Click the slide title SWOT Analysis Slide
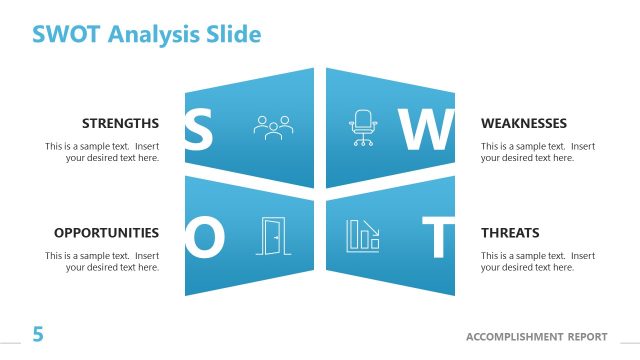click(x=146, y=34)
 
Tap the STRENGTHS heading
click(x=120, y=124)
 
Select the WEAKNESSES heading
click(x=524, y=124)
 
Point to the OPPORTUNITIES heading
click(x=106, y=233)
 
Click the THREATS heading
click(x=510, y=233)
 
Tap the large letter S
click(x=199, y=130)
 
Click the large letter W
click(x=426, y=130)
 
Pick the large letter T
click(x=437, y=237)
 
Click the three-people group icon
click(x=272, y=127)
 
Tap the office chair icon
click(x=360, y=127)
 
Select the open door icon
click(x=270, y=235)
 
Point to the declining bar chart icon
click(x=362, y=235)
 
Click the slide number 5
click(x=38, y=335)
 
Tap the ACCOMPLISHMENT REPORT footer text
click(x=536, y=336)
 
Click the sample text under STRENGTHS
click(x=102, y=152)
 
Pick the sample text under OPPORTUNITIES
click(x=102, y=261)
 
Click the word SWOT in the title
click(x=66, y=34)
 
